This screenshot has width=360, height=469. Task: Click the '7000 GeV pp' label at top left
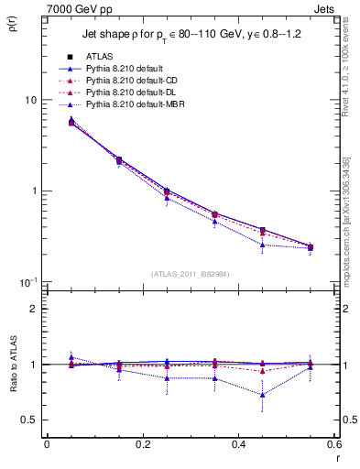[x=76, y=8]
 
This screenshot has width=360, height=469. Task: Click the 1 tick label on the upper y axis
[x=33, y=191]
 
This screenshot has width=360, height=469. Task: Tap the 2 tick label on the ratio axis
[x=33, y=310]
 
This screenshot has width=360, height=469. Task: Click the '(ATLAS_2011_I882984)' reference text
[x=190, y=273]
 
